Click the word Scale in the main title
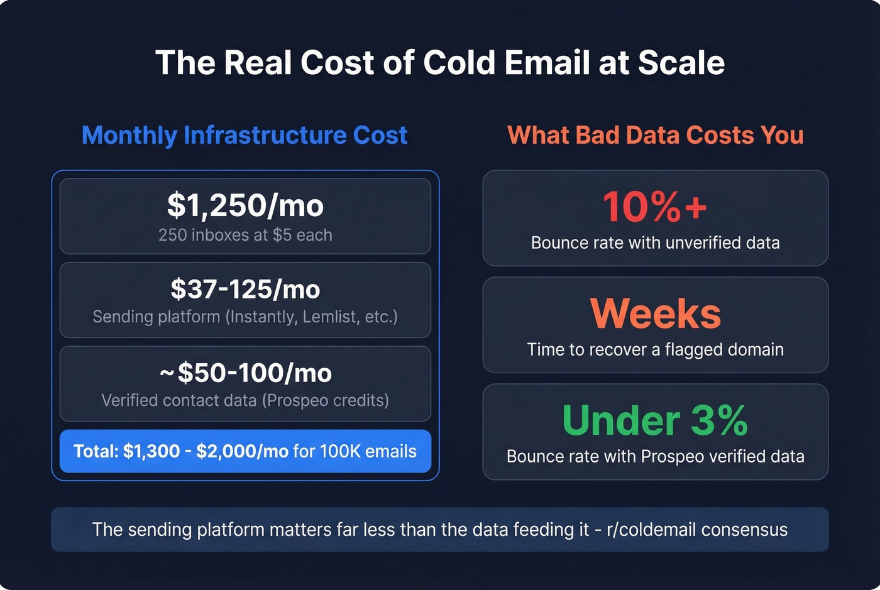click(681, 63)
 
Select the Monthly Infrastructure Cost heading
click(245, 135)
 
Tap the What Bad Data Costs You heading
click(655, 135)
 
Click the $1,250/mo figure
click(245, 205)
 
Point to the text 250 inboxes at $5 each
click(245, 235)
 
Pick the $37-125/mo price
click(245, 289)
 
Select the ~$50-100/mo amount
click(245, 373)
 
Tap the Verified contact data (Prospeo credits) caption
click(245, 400)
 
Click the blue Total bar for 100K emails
click(245, 451)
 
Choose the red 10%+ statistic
click(655, 206)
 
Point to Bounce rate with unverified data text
click(655, 243)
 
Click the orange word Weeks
click(655, 313)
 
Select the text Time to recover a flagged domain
click(655, 349)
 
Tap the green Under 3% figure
click(655, 420)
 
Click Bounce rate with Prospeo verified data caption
click(655, 456)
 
